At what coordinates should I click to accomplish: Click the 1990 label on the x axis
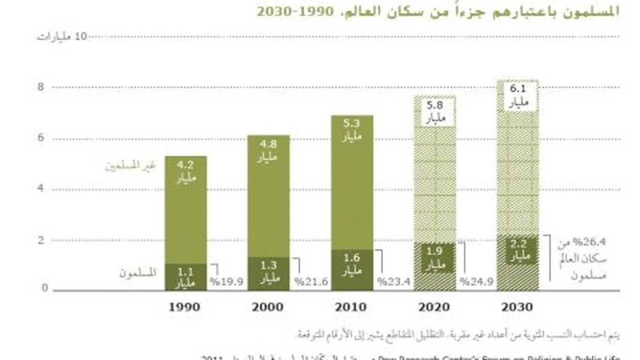coord(184,307)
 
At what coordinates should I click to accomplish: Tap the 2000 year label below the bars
coord(267,307)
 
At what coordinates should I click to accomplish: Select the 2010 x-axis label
coord(351,307)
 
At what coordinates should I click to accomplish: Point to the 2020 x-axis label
coord(434,307)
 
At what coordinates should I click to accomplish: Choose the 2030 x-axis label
coord(517,307)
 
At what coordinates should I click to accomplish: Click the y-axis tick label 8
coord(41,87)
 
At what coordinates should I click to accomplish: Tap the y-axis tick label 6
coord(41,138)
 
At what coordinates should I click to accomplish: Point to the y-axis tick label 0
coord(45,288)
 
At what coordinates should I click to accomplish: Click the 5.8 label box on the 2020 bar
coord(435,112)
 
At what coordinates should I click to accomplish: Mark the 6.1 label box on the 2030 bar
coord(518,96)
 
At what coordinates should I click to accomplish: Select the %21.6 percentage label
coord(311,282)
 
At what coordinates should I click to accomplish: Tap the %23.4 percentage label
coord(394,282)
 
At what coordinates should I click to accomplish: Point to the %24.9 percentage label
coord(476,282)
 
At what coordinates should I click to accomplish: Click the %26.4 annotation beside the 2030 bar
coord(589,243)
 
